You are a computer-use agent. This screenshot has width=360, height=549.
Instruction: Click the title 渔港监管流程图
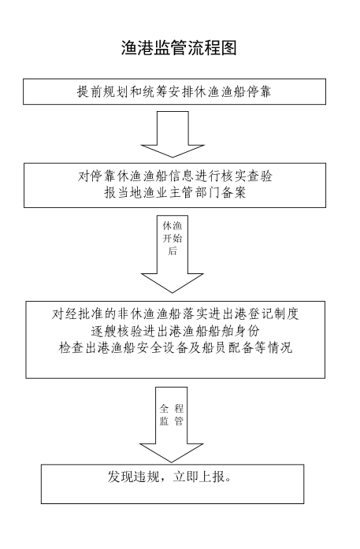[179, 47]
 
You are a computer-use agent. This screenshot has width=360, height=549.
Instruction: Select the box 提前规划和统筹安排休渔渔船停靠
[174, 91]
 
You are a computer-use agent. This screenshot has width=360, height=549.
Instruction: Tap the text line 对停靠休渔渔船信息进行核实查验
[175, 176]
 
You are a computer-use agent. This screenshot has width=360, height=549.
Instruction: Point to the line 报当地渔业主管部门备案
[175, 192]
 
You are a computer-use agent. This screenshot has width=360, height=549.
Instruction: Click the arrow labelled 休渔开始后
[173, 254]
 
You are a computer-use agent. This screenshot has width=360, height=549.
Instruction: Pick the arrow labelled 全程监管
[171, 425]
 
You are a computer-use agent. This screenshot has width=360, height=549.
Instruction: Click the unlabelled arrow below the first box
[173, 135]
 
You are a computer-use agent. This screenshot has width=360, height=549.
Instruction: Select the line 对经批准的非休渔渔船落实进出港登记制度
[175, 313]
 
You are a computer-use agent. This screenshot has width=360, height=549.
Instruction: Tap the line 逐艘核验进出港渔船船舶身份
[175, 331]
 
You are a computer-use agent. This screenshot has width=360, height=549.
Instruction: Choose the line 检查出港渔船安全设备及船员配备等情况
[175, 347]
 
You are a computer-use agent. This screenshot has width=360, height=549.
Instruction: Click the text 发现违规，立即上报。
[169, 477]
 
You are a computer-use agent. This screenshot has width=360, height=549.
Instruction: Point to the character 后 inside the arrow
[173, 250]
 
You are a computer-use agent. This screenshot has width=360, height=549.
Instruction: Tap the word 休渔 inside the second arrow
[173, 226]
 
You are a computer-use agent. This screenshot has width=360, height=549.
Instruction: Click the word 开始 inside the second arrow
[173, 239]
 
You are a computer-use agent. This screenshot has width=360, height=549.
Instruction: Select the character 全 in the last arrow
[164, 408]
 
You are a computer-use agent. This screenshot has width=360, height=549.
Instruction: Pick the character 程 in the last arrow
[179, 408]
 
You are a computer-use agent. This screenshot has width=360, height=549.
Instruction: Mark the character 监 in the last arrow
[164, 421]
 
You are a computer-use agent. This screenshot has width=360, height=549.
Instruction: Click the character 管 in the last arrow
[179, 421]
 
